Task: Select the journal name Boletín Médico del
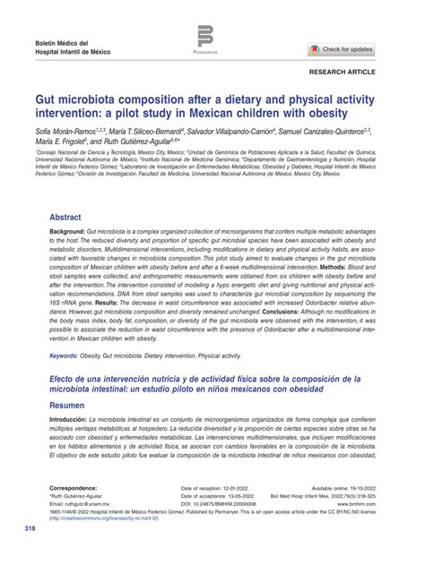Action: tap(67, 43)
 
